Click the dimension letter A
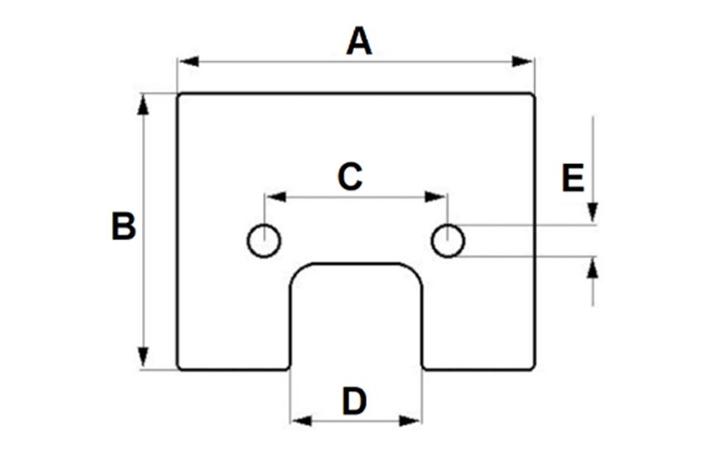[359, 41]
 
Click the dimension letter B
[124, 226]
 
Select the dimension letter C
[349, 177]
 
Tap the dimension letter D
[354, 401]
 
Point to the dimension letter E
[572, 177]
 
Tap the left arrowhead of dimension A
[189, 61]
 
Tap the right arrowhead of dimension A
[522, 61]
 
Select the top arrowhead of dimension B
[143, 105]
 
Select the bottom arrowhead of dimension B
[143, 358]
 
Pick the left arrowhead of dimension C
[276, 197]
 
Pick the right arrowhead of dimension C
[436, 197]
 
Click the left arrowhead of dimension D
[302, 421]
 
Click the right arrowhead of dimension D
[410, 421]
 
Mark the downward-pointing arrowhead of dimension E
[592, 213]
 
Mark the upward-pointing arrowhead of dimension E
[592, 268]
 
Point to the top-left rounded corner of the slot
[298, 270]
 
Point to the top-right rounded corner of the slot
[415, 270]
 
